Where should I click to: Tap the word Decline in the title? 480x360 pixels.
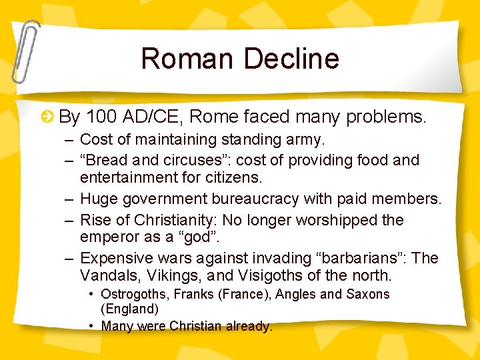(291, 59)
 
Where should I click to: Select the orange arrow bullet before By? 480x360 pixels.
(47, 118)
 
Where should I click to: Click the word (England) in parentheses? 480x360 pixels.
(129, 309)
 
